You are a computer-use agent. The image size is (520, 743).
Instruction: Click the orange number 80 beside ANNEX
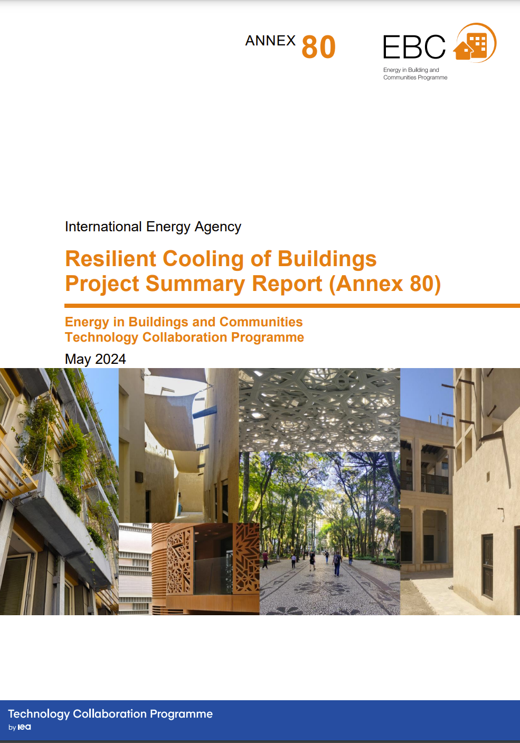pos(318,47)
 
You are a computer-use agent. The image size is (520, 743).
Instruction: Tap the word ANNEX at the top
pos(270,41)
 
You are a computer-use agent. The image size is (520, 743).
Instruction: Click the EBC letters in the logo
pos(414,47)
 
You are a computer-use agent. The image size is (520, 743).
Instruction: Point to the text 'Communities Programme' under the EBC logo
pos(415,78)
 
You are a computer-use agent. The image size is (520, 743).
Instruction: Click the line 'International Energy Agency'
pos(153,227)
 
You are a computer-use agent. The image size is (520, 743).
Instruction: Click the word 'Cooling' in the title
pos(203,259)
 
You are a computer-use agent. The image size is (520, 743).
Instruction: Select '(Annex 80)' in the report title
pos(385,284)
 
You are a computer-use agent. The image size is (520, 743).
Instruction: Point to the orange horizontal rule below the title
pos(292,306)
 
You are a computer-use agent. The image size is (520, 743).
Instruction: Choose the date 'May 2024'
pos(96,359)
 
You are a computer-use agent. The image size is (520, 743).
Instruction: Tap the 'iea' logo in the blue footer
pos(24,727)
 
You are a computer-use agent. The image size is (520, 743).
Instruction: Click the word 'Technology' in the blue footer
pos(39,714)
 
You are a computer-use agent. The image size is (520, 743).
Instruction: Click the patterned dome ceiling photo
pos(319,410)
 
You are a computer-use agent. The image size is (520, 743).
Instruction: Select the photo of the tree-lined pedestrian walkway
pos(329,533)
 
